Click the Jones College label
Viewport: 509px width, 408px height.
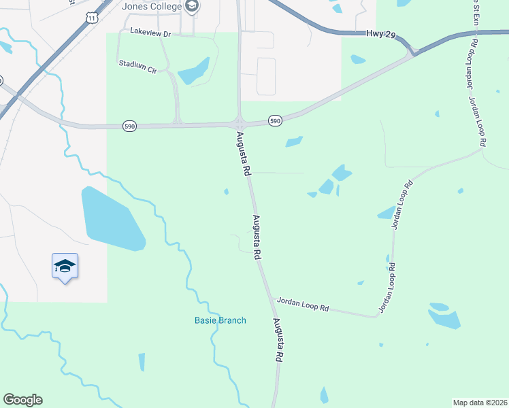[x=152, y=7]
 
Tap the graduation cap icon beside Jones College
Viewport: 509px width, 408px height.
[x=192, y=7]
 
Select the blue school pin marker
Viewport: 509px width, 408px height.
[x=65, y=266]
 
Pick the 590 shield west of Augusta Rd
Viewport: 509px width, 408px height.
[x=129, y=126]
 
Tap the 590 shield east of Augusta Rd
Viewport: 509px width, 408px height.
[x=274, y=120]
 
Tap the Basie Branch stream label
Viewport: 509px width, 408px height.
[x=220, y=320]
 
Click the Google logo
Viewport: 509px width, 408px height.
[x=22, y=400]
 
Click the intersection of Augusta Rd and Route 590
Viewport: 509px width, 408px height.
[x=240, y=124]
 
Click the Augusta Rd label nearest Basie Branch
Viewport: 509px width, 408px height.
[x=278, y=339]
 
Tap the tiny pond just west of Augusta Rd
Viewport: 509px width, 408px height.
[x=226, y=191]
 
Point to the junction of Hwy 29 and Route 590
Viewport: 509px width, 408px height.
[x=412, y=52]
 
